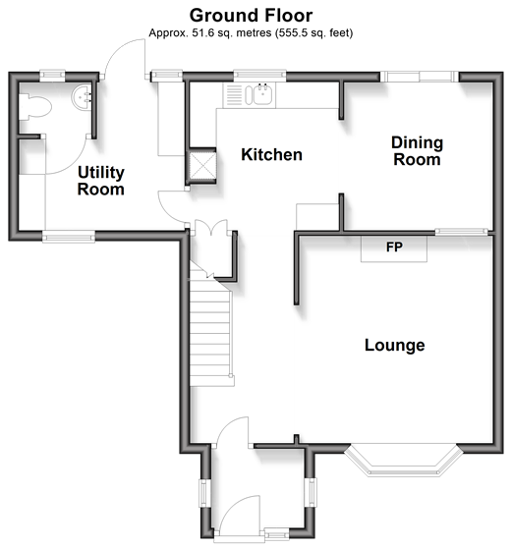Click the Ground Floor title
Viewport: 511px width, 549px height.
click(251, 16)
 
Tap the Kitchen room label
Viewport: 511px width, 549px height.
click(272, 154)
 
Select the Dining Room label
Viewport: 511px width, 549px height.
click(417, 151)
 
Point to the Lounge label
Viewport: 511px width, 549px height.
click(395, 346)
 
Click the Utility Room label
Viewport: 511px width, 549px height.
click(101, 181)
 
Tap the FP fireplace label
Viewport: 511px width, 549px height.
click(394, 247)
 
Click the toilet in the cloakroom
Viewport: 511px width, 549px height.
click(34, 107)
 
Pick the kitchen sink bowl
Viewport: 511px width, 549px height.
click(262, 94)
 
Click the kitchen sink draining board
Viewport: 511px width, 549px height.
click(234, 94)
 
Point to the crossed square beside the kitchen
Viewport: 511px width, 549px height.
click(202, 165)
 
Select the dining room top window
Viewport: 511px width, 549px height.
click(420, 77)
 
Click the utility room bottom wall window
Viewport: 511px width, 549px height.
click(69, 237)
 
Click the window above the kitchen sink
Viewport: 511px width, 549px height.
click(259, 75)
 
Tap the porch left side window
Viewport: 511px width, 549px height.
click(204, 492)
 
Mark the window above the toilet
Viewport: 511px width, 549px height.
click(52, 75)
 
